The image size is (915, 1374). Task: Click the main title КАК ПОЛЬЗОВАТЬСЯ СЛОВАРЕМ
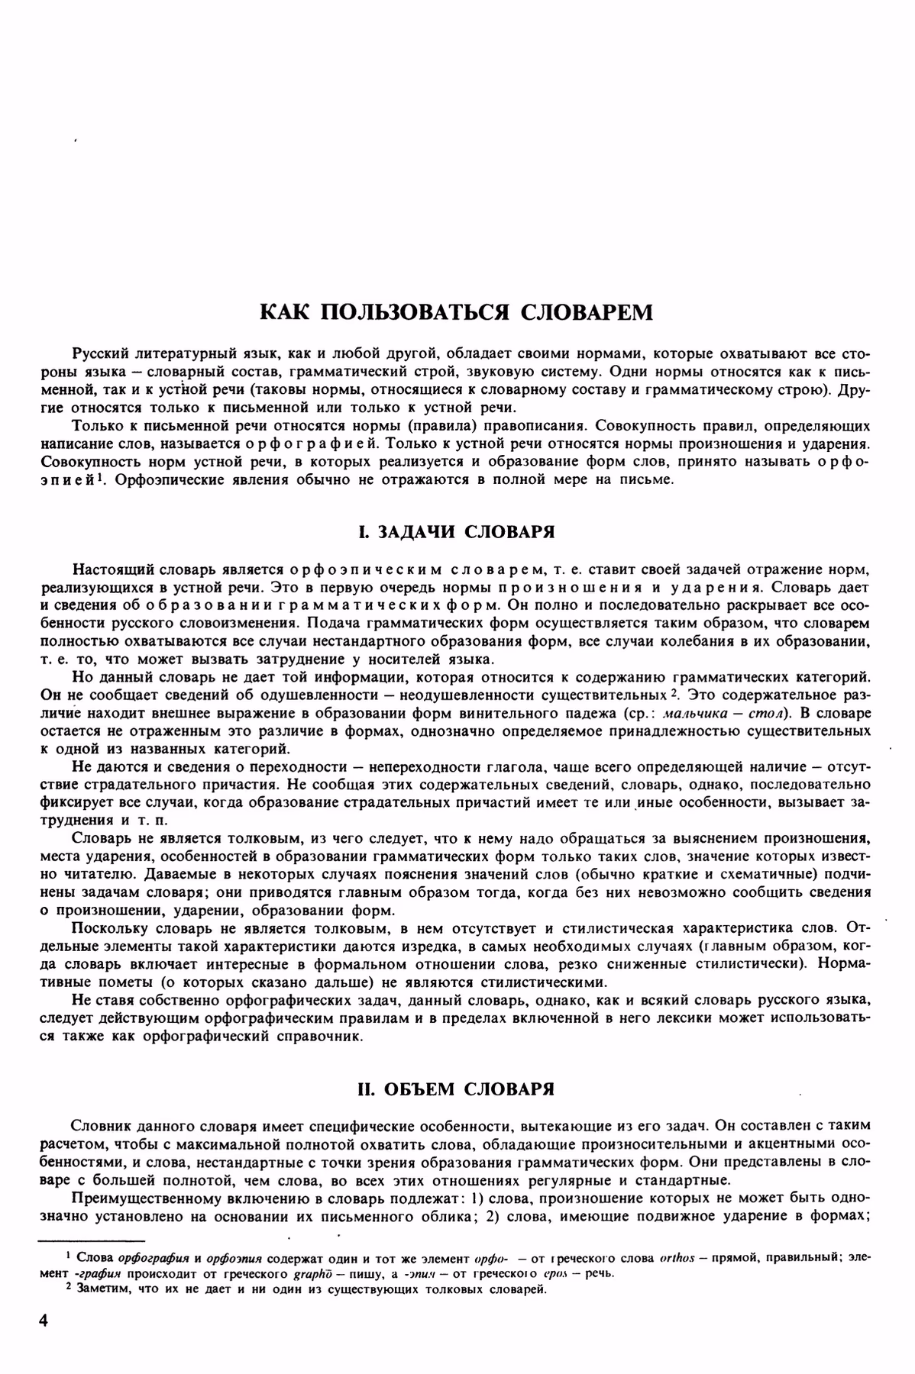[x=457, y=312]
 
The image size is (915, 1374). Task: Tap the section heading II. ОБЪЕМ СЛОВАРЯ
[x=457, y=1089]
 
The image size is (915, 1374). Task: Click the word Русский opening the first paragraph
[x=101, y=354]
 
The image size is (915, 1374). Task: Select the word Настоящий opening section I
[x=108, y=570]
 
